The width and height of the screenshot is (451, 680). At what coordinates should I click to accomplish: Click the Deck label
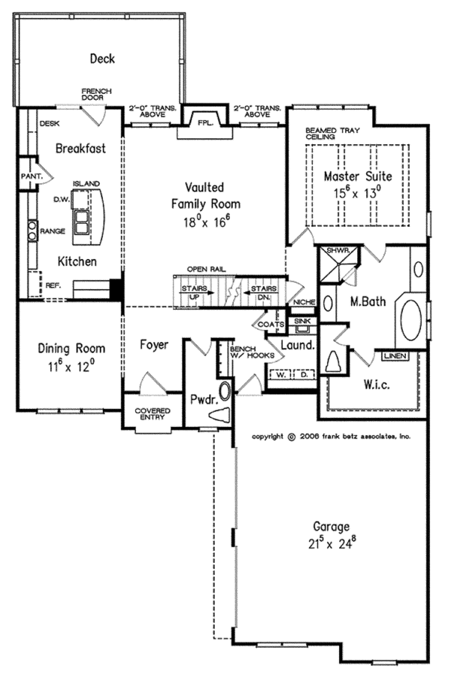click(102, 58)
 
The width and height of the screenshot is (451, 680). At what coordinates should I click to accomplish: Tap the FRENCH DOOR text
click(96, 95)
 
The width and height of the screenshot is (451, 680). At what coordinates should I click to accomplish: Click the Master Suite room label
click(358, 177)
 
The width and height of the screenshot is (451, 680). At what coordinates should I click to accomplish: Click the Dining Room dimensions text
click(72, 365)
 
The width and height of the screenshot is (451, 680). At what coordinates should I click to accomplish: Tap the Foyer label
click(154, 344)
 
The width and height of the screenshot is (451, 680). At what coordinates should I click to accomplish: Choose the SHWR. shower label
click(334, 251)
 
